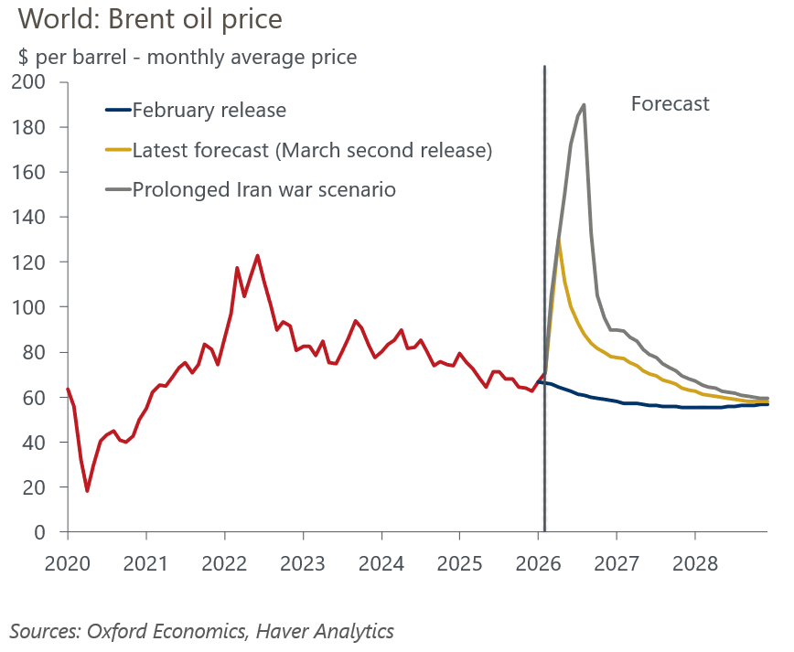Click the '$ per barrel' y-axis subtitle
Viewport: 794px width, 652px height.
[x=188, y=57]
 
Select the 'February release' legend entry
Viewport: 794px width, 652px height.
[x=209, y=111]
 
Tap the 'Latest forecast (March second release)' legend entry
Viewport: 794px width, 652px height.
[x=312, y=150]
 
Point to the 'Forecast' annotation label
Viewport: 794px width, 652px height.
[x=670, y=103]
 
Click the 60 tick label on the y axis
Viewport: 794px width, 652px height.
[x=33, y=398]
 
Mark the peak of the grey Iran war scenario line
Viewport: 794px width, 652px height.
[x=584, y=104]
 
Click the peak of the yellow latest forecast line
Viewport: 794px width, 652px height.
[x=558, y=240]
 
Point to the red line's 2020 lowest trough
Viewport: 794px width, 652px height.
[x=87, y=491]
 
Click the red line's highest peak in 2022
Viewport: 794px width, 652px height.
[x=257, y=255]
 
